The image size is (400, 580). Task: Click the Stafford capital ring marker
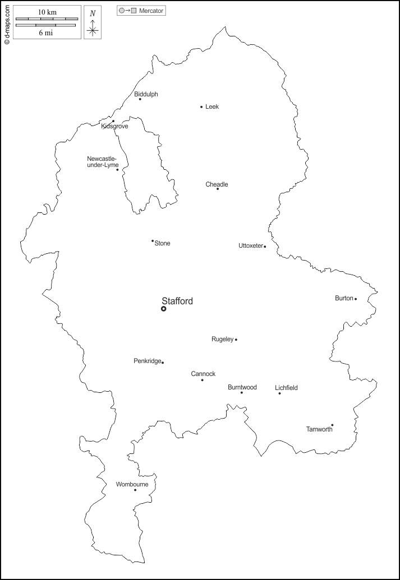point(164,309)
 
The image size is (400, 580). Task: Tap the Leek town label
point(212,106)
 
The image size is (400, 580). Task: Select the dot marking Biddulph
point(140,99)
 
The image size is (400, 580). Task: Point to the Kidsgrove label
point(114,127)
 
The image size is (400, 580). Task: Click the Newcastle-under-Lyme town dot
point(117,170)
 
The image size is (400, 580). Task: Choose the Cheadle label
point(217,184)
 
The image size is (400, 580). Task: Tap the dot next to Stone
point(153,241)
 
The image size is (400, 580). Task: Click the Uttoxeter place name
point(250,245)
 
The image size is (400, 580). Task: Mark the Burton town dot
point(356,299)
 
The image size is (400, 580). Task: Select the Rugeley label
point(222,339)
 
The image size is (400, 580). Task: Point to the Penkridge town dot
point(163,363)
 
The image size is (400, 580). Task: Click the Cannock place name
point(203,374)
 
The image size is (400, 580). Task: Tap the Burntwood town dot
point(242,392)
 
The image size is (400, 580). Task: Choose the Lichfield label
point(286,387)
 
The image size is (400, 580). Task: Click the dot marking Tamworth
point(332,425)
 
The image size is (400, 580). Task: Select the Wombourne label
point(132,484)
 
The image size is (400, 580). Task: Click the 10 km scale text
point(47,12)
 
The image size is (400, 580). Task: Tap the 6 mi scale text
point(46,33)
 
